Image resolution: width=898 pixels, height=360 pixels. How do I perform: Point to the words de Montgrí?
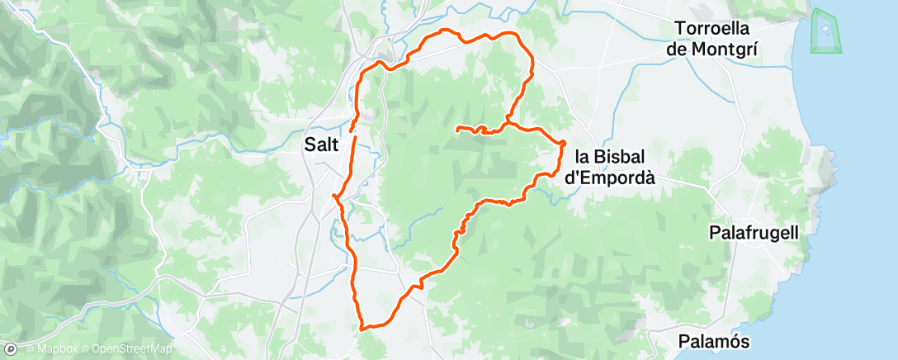click(x=716, y=50)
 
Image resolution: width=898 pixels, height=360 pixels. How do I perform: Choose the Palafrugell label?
click(x=754, y=234)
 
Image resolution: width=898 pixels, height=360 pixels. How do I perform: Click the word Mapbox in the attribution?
click(x=53, y=350)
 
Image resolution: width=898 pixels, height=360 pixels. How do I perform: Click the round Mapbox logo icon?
click(x=11, y=350)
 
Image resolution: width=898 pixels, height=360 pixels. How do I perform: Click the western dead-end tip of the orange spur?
click(x=457, y=128)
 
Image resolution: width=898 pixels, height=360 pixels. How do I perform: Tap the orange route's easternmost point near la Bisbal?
click(x=564, y=144)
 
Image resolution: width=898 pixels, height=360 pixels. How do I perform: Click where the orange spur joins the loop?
click(x=507, y=125)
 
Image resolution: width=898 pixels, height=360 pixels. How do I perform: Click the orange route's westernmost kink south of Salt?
click(x=334, y=196)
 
